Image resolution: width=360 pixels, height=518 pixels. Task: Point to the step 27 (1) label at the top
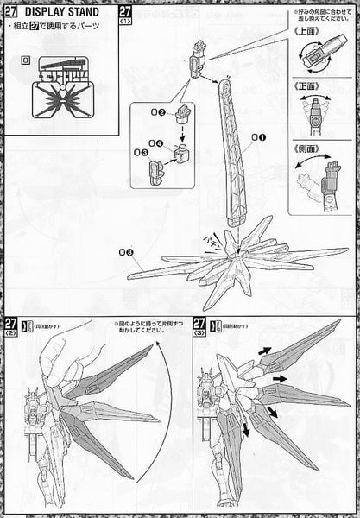126,16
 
